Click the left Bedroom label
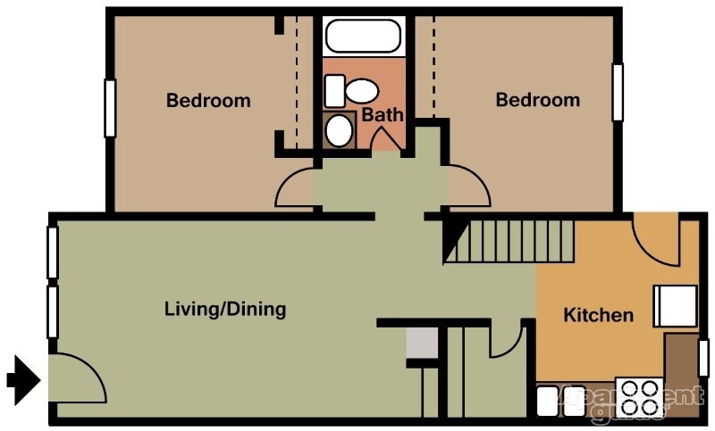pyautogui.click(x=208, y=100)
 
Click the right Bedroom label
pyautogui.click(x=537, y=100)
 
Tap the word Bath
pyautogui.click(x=383, y=115)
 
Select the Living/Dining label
pyautogui.click(x=225, y=310)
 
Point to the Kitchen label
pyautogui.click(x=598, y=315)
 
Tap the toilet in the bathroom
pyautogui.click(x=356, y=90)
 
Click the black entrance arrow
pyautogui.click(x=24, y=379)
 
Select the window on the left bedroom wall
pyautogui.click(x=110, y=108)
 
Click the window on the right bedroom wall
pyautogui.click(x=617, y=92)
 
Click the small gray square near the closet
pyautogui.click(x=420, y=343)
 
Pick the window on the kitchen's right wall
pyautogui.click(x=703, y=358)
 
